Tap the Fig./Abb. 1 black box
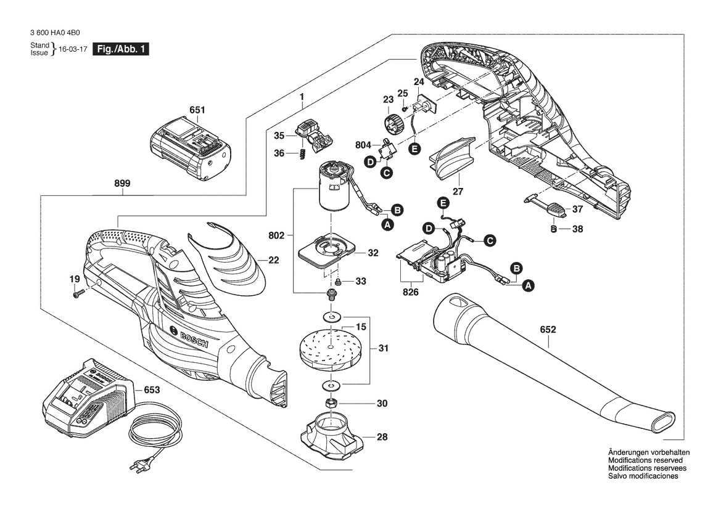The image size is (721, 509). (x=120, y=49)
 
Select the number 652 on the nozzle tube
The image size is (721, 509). (x=548, y=330)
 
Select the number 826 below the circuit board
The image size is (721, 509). (x=411, y=292)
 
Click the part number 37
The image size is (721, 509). (x=577, y=209)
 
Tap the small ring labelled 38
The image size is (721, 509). (x=553, y=229)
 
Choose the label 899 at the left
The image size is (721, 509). (x=122, y=183)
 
